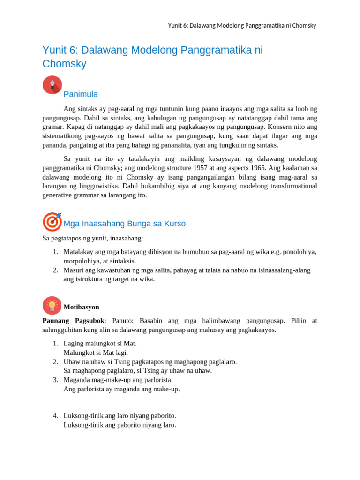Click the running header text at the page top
[x=242, y=25]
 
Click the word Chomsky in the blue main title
[x=64, y=64]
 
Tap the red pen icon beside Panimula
[x=52, y=85]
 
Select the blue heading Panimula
[x=81, y=94]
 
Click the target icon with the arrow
[x=52, y=222]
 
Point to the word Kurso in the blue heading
[x=174, y=224]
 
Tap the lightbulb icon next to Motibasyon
[x=52, y=306]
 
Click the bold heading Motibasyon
[x=81, y=307]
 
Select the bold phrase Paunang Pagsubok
[x=73, y=321]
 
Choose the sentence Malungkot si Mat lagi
[x=96, y=352]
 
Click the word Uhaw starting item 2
[x=72, y=361]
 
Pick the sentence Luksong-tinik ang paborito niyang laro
[x=120, y=425]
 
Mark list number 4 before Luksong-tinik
[x=55, y=415]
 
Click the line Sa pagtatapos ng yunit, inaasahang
[x=93, y=238]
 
